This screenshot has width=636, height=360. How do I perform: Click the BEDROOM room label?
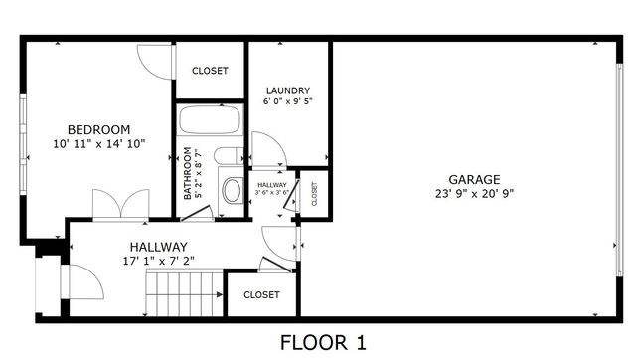tap(98, 129)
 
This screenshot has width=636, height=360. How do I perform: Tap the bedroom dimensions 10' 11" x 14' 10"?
tap(98, 144)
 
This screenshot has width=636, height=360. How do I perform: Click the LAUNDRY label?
tap(287, 90)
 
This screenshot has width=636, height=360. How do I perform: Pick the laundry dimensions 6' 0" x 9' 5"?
tap(287, 101)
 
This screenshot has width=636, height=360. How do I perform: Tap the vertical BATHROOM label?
tap(187, 174)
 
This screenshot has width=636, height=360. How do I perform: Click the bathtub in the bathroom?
tap(210, 124)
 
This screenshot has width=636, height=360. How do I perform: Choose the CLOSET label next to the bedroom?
tap(210, 71)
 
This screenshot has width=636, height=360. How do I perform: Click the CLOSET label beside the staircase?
tap(261, 294)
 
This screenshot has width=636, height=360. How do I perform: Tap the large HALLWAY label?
tap(158, 247)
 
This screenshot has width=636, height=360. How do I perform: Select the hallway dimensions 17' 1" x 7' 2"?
tap(158, 261)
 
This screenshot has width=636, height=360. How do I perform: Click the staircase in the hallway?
tap(185, 296)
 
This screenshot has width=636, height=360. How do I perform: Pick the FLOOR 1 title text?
tap(323, 344)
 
